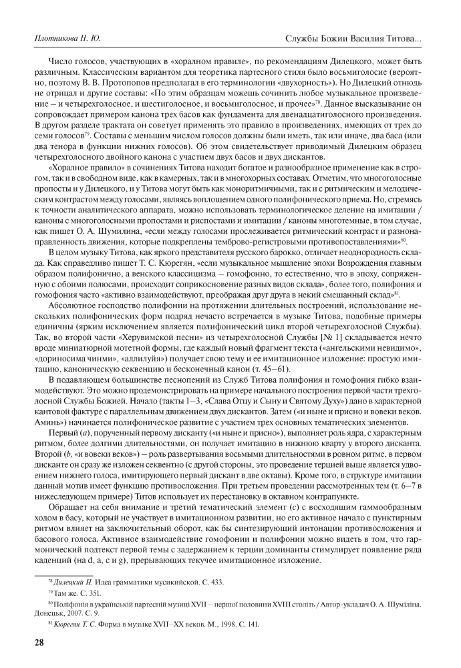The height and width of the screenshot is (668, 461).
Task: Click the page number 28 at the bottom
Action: click(29, 643)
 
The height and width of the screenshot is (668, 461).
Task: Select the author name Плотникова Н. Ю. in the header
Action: click(63, 39)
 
